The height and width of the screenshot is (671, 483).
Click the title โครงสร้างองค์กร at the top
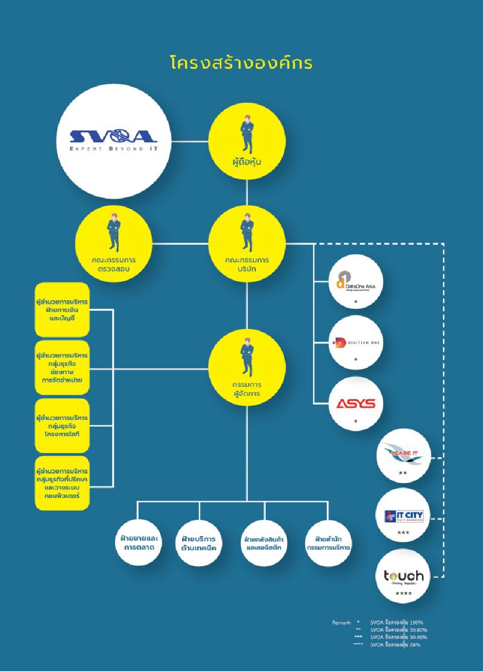tap(242, 63)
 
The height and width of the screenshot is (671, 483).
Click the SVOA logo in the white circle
tap(114, 139)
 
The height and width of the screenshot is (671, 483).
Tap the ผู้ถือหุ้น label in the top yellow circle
tap(247, 162)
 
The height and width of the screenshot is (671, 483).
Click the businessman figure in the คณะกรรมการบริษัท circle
tap(247, 232)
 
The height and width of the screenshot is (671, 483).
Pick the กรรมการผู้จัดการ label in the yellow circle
tap(247, 389)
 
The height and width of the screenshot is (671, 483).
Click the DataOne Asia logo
tap(356, 281)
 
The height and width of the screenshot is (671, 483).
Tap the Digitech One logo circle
tap(356, 343)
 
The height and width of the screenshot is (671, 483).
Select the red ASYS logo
tap(356, 403)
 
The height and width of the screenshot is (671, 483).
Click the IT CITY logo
tap(404, 516)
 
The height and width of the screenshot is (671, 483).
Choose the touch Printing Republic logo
tap(404, 576)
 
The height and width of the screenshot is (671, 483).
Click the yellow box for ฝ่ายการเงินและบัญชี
tap(62, 310)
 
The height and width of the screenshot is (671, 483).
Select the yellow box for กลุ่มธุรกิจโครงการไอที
tap(62, 426)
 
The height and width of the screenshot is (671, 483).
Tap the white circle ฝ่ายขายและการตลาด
tap(139, 543)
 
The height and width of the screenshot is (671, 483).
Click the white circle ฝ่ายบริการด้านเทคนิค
tap(199, 543)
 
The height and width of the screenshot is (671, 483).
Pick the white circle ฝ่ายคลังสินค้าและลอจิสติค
tap(264, 543)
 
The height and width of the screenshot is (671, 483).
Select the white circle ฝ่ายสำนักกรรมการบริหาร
tap(328, 543)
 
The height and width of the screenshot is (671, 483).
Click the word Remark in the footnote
tap(341, 623)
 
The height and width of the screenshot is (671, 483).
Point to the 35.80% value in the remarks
tap(419, 630)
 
